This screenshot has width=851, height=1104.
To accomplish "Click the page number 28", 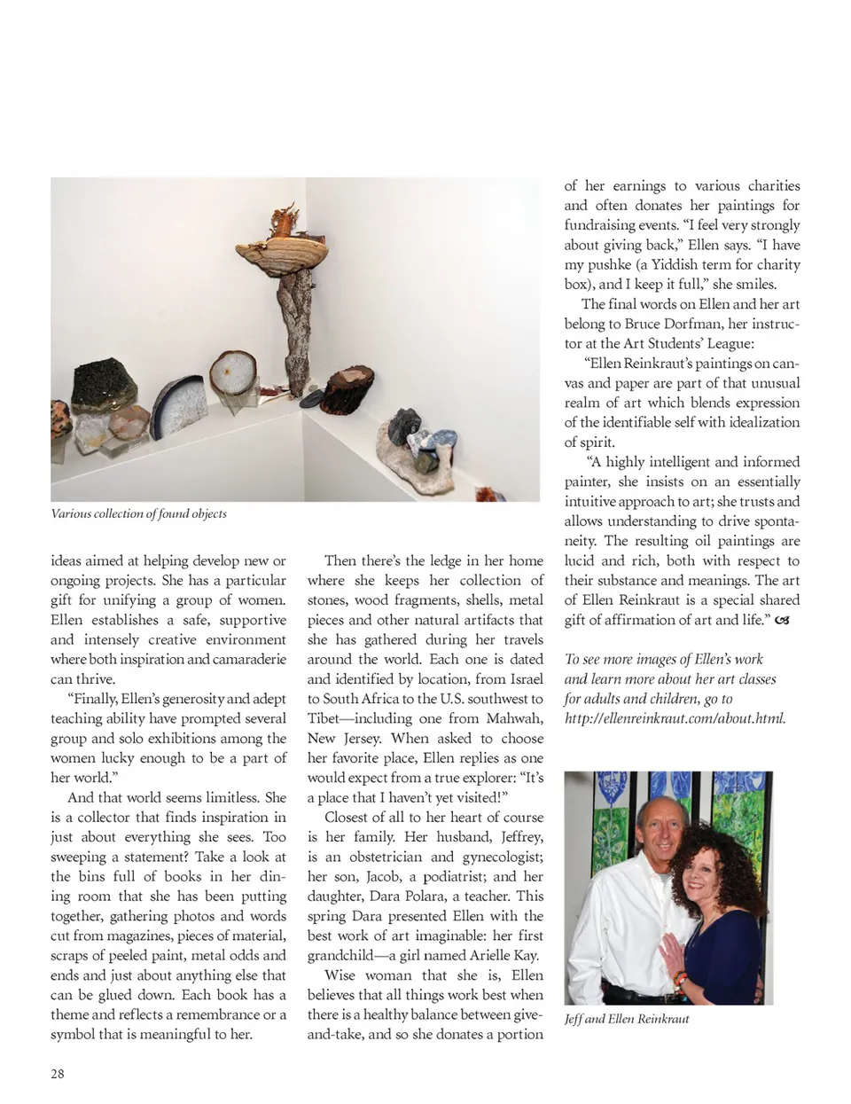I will coord(58,1074).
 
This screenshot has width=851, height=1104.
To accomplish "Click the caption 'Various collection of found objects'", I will coord(138,513).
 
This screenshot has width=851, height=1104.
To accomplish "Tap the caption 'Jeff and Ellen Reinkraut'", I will coord(627,1019).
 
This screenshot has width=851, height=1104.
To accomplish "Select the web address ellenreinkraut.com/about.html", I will coord(675,718).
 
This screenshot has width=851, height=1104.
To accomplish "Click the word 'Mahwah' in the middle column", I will coord(514,718).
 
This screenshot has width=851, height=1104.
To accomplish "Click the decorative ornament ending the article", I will coord(782,621).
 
